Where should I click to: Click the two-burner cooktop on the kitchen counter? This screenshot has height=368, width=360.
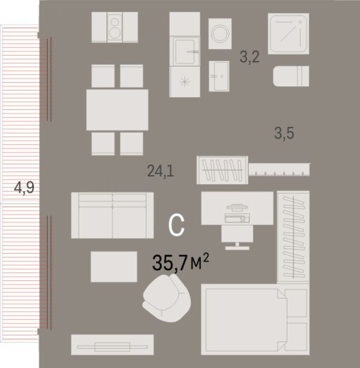click(x=114, y=27)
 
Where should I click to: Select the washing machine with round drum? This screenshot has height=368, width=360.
click(x=220, y=33)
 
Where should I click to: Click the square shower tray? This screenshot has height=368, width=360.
click(x=288, y=33)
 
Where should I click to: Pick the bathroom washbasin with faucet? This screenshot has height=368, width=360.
click(x=219, y=76)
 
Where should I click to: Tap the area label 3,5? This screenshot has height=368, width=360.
click(x=284, y=134)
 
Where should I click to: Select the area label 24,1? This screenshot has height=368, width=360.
click(x=160, y=171)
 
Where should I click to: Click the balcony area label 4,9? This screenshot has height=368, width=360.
click(x=24, y=188)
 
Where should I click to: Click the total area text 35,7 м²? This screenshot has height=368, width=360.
click(x=180, y=263)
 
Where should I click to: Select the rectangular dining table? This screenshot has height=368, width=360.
click(x=117, y=110)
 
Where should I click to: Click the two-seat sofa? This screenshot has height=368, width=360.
click(x=112, y=215)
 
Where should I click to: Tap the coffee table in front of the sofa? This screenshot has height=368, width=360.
click(x=114, y=266)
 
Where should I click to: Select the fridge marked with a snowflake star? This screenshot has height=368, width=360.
click(x=184, y=82)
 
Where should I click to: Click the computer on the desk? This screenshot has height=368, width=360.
click(x=237, y=213)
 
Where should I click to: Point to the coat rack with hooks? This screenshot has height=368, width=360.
click(x=279, y=169)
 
